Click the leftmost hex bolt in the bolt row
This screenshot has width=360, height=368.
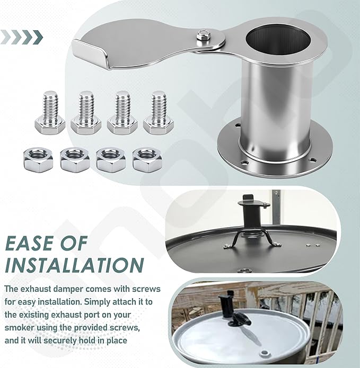(50, 113)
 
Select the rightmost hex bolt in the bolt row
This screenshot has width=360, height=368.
(159, 113)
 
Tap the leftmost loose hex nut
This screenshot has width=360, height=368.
(38, 159)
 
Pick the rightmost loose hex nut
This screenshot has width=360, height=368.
(147, 159)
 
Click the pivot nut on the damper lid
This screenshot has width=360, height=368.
(201, 35)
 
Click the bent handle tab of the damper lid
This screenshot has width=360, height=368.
(91, 54)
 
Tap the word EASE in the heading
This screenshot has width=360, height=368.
(29, 243)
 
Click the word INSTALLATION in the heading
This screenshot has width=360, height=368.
(74, 265)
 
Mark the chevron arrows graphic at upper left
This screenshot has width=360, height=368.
(22, 37)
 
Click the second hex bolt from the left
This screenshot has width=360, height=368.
(86, 113)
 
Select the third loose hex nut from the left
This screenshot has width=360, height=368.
(111, 159)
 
